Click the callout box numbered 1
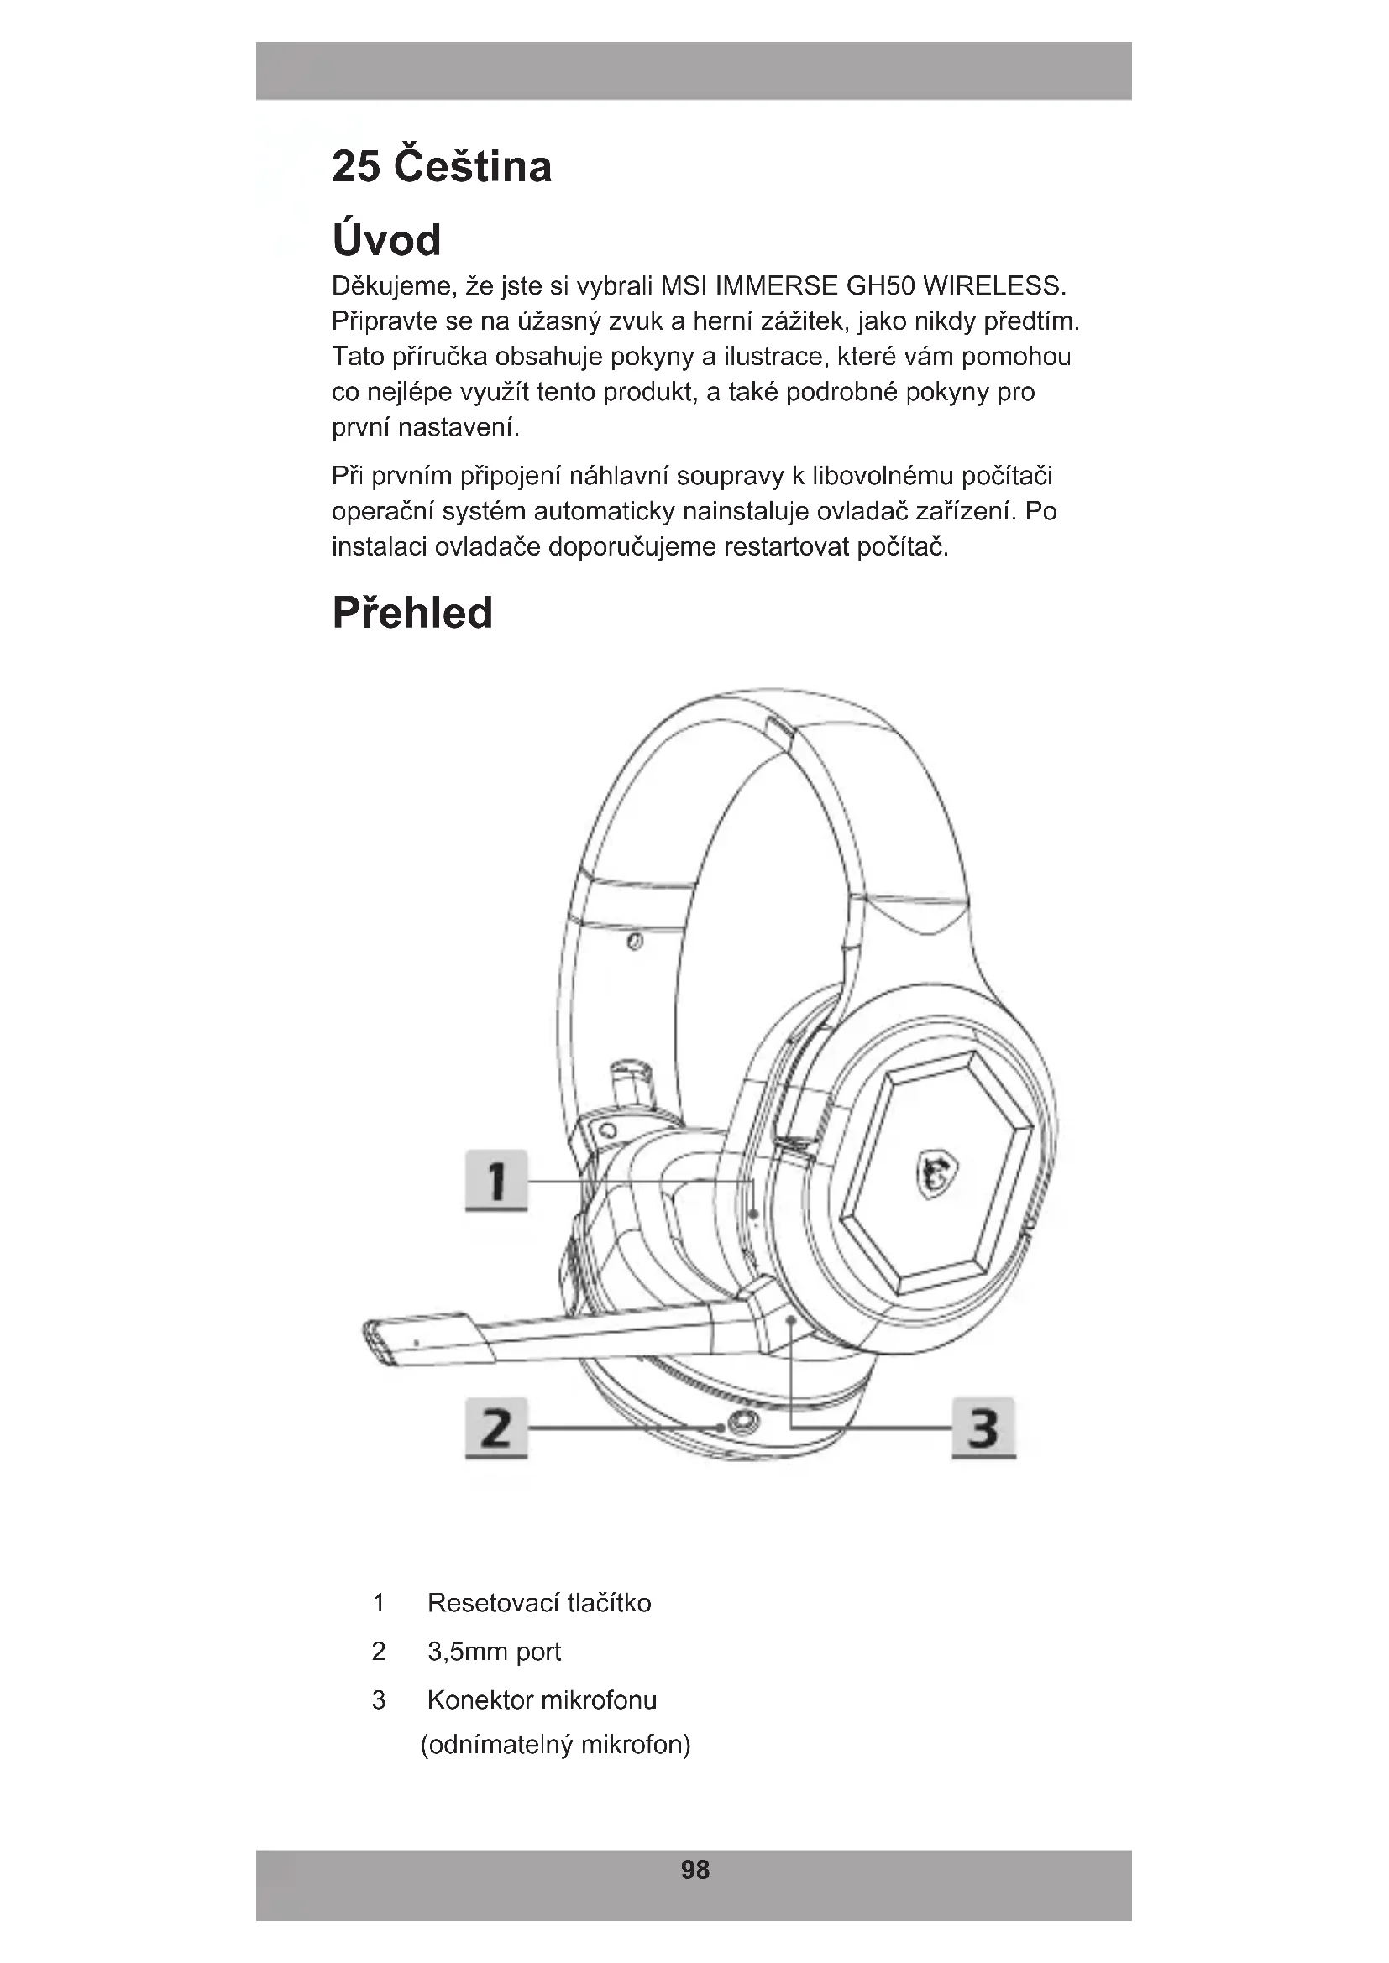pyautogui.click(x=496, y=1180)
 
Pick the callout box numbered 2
pyautogui.click(x=496, y=1427)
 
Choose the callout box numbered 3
pyautogui.click(x=983, y=1427)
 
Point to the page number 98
pyautogui.click(x=694, y=1870)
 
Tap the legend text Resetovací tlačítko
pyautogui.click(x=539, y=1602)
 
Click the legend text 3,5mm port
pyautogui.click(x=494, y=1651)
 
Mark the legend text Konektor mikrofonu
pyautogui.click(x=542, y=1699)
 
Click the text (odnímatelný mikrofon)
pyautogui.click(x=555, y=1744)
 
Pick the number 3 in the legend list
pyautogui.click(x=379, y=1699)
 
